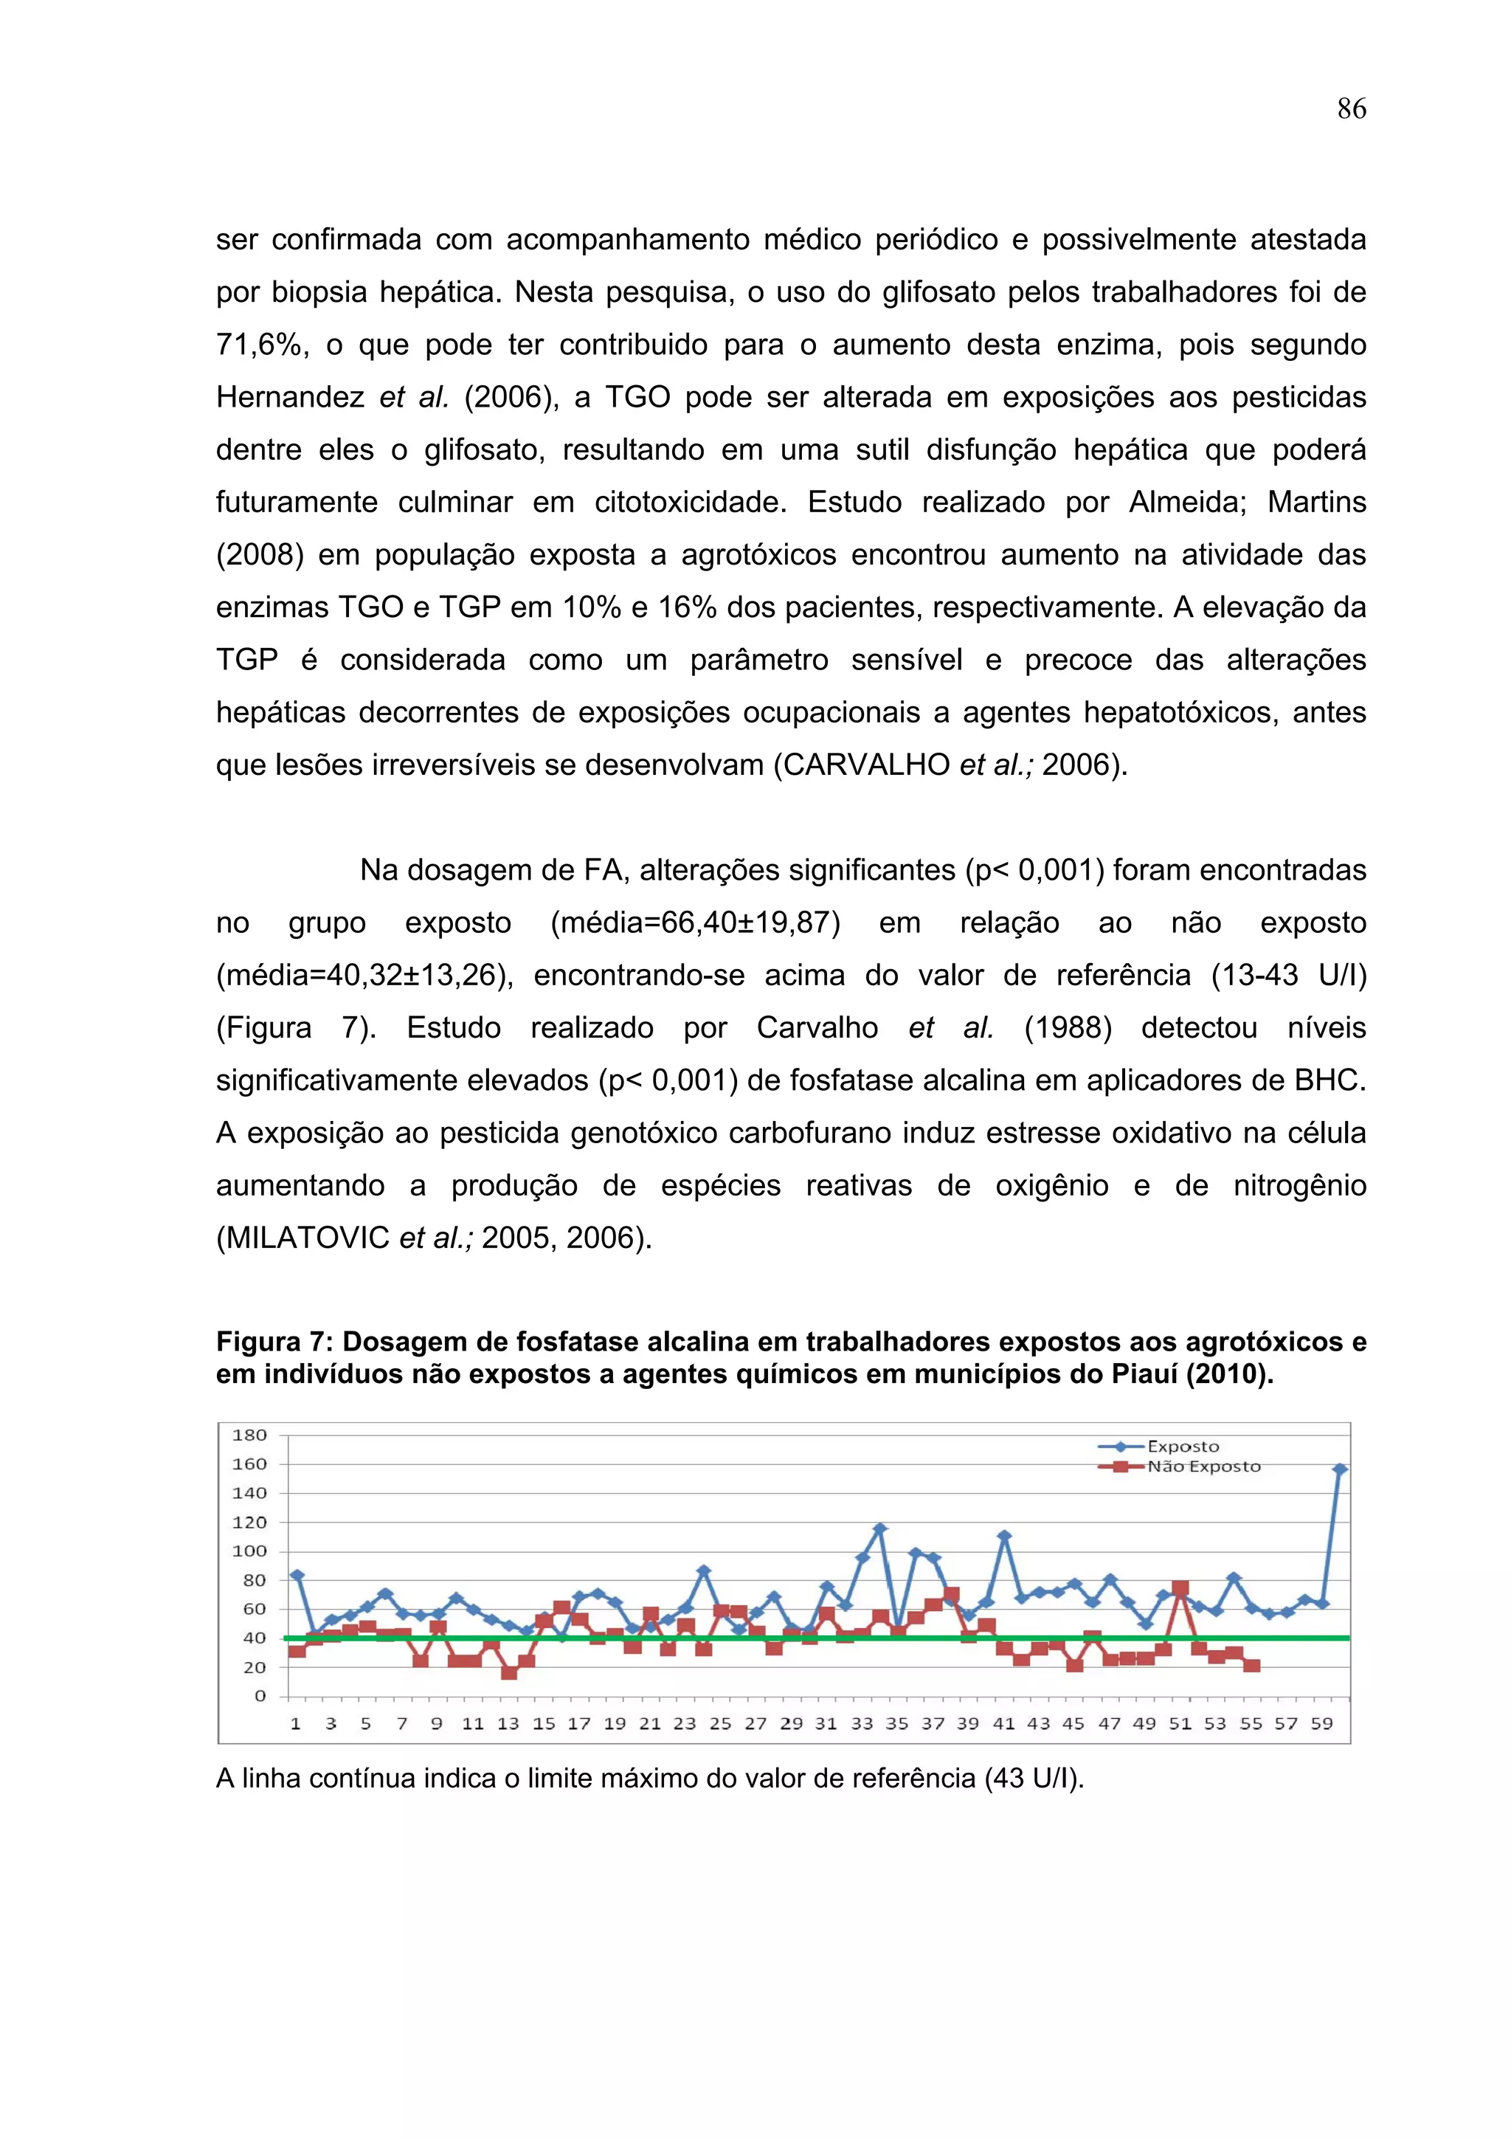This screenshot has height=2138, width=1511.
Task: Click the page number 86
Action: pyautogui.click(x=1351, y=109)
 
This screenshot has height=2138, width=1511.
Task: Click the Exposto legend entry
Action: pyautogui.click(x=1183, y=1446)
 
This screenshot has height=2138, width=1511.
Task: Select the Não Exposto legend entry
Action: pyautogui.click(x=1203, y=1466)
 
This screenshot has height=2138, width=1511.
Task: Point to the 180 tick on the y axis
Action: pyautogui.click(x=249, y=1435)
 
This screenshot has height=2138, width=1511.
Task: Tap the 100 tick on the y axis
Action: pyautogui.click(x=249, y=1551)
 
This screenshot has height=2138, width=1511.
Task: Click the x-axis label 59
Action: pyautogui.click(x=1322, y=1724)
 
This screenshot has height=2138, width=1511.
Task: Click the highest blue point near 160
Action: pyautogui.click(x=1341, y=1469)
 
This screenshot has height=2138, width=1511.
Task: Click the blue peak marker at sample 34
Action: pyautogui.click(x=879, y=1528)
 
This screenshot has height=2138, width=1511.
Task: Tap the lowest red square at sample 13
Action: pyautogui.click(x=508, y=1672)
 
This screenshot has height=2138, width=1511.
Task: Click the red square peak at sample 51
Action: pyautogui.click(x=1180, y=1587)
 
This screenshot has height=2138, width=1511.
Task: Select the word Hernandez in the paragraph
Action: pyautogui.click(x=289, y=398)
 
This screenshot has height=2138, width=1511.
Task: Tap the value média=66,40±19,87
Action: pyautogui.click(x=696, y=923)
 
